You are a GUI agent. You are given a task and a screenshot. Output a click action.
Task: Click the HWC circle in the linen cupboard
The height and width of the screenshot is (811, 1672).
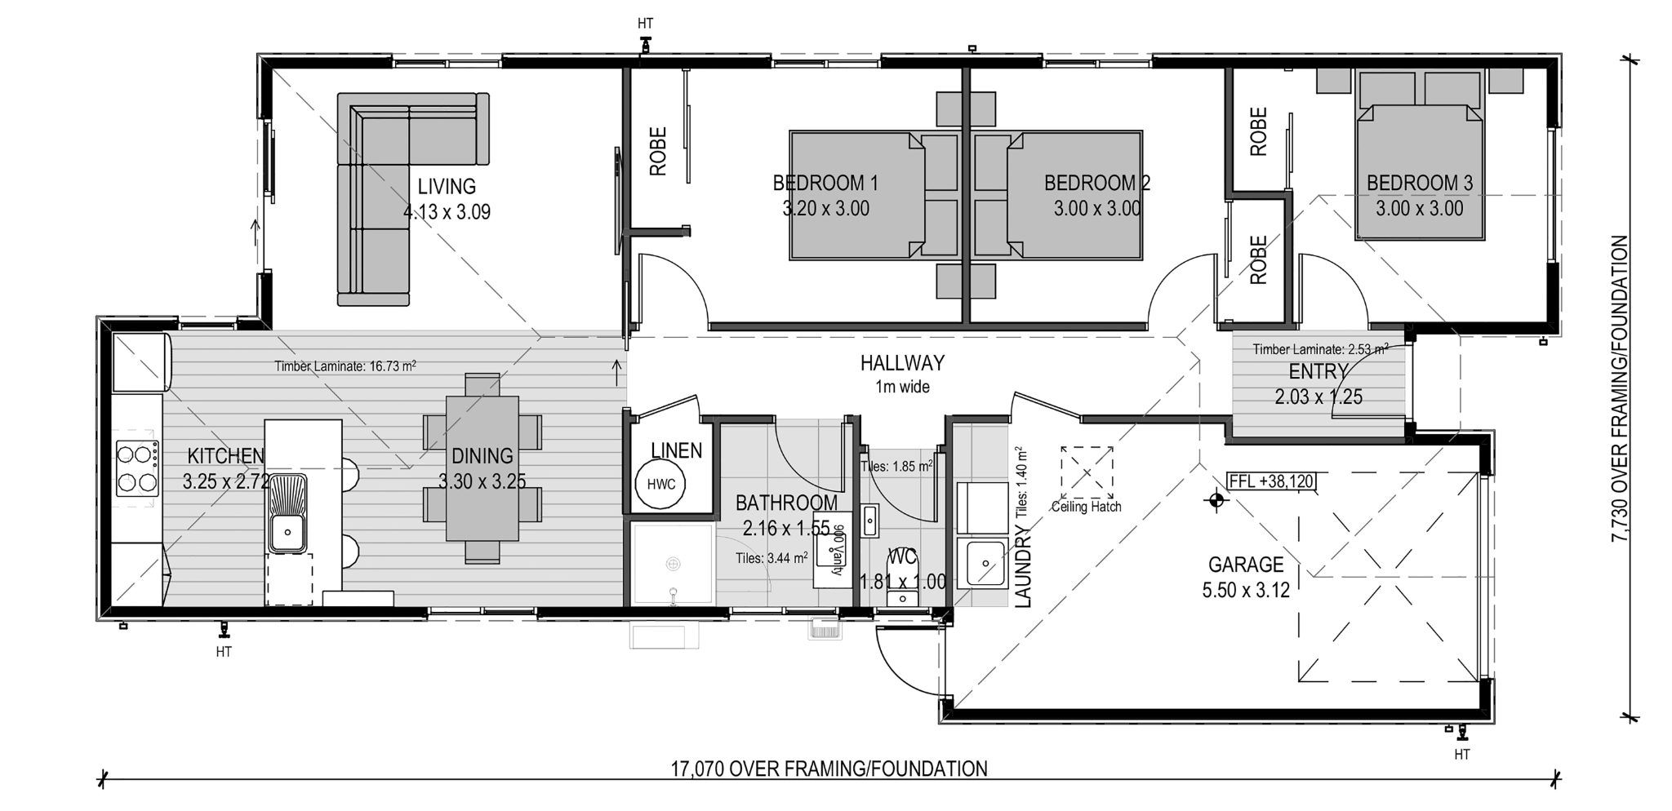[660, 484]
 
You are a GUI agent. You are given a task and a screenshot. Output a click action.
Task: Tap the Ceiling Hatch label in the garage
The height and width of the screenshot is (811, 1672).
[1086, 507]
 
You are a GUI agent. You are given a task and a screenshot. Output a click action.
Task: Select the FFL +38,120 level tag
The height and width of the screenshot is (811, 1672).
[1271, 481]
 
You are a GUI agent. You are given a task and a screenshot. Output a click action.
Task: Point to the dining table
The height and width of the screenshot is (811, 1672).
[482, 468]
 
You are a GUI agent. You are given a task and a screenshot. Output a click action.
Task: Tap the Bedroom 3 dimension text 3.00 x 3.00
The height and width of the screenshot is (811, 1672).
[1419, 209]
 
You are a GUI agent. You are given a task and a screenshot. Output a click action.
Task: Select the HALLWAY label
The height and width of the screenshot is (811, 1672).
[902, 362]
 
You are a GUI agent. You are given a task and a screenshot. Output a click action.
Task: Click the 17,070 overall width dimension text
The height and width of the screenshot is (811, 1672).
[829, 769]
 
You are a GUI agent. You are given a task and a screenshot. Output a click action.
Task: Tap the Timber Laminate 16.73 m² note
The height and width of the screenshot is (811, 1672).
[345, 366]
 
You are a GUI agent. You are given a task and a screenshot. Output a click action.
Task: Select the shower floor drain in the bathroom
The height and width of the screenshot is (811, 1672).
[674, 564]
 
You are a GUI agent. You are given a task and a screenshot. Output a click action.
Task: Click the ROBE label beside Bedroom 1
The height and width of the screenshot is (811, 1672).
[658, 151]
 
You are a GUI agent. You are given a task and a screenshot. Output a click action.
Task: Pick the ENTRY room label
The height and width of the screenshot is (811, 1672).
[1317, 372]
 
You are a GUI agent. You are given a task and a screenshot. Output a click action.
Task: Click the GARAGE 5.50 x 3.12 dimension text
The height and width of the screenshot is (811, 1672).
[1246, 589]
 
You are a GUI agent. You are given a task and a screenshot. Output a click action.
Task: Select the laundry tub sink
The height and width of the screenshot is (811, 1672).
[985, 563]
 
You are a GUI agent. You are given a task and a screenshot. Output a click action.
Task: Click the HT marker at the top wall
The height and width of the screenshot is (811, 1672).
[645, 24]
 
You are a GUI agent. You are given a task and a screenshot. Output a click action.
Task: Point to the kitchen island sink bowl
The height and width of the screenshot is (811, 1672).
[287, 532]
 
